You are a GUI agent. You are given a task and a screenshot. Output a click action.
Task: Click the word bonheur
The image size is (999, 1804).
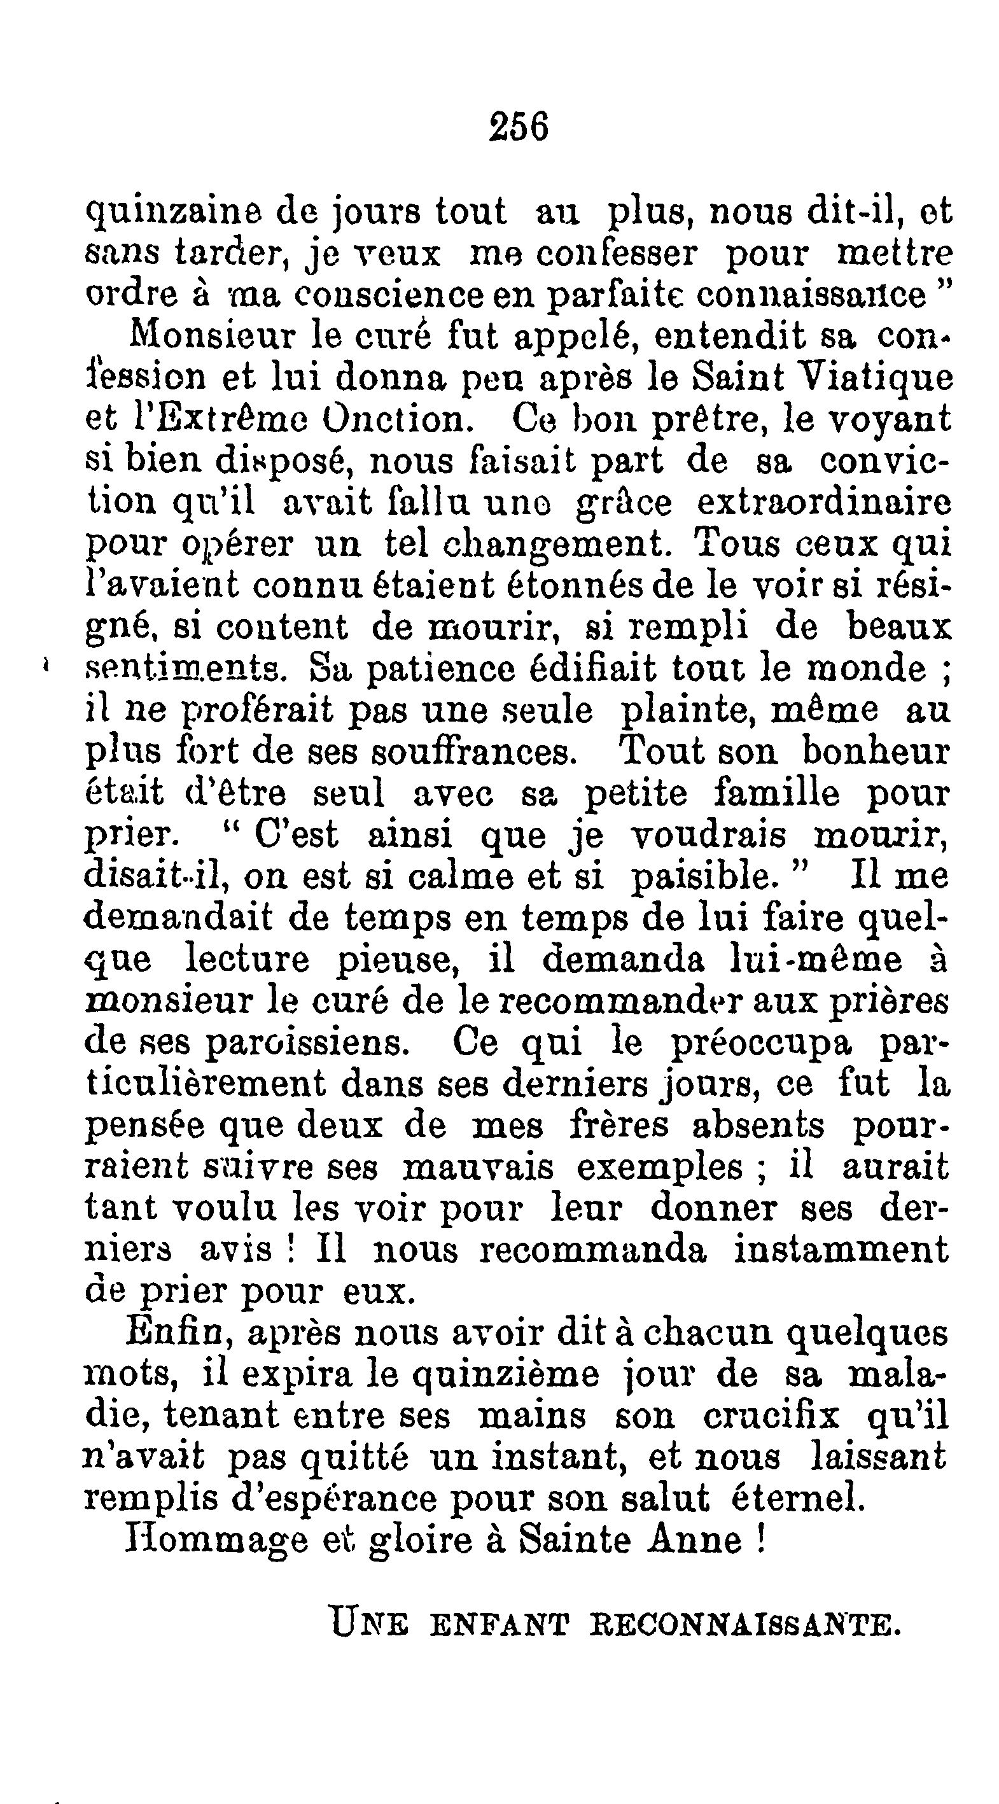(875, 752)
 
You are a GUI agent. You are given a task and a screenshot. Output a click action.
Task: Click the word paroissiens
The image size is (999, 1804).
(307, 1044)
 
